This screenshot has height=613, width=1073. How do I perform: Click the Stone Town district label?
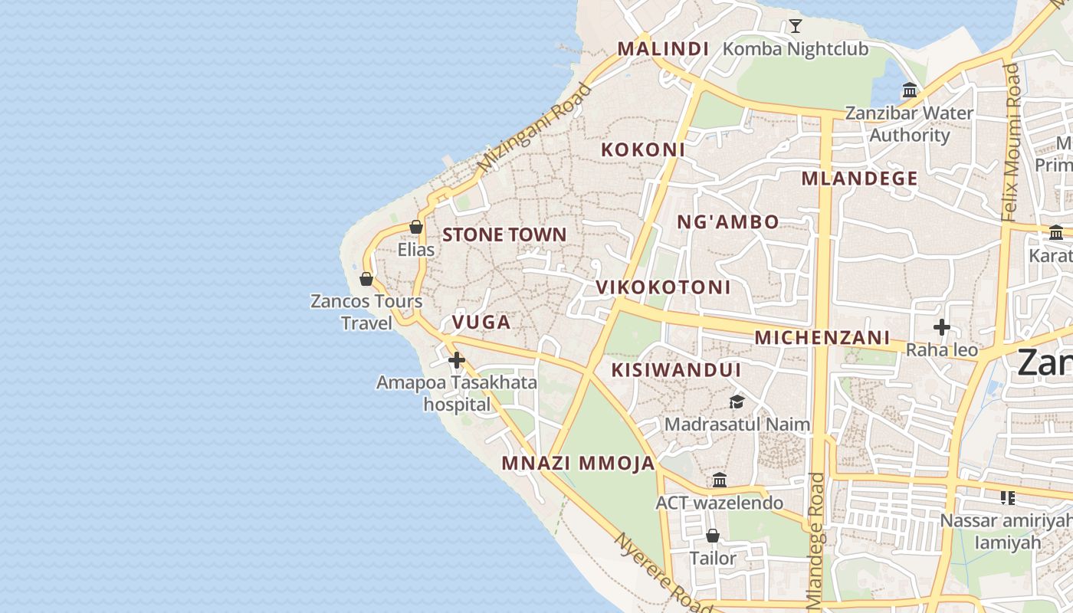coord(504,234)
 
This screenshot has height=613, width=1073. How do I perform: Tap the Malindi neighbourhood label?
coord(663,49)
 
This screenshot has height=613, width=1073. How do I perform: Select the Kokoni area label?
coord(642,149)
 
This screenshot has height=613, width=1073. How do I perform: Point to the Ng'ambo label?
coord(728,222)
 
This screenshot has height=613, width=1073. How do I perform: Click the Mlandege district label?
coord(859,179)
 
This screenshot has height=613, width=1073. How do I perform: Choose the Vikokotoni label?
coord(664,287)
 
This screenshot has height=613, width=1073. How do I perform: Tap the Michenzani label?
coord(822,337)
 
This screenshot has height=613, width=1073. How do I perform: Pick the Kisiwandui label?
coord(676,370)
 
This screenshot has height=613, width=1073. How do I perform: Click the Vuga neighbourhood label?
coord(481,322)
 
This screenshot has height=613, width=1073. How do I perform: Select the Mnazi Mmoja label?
coord(579,463)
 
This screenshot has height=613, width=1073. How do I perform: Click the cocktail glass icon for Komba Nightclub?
coord(796,26)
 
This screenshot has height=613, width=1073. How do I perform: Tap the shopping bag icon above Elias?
coord(416,227)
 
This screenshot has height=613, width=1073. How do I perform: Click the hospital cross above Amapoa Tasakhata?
coord(457,359)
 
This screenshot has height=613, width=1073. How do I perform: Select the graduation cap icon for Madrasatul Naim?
coord(737,402)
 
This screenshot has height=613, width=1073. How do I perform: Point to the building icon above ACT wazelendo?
coord(720,480)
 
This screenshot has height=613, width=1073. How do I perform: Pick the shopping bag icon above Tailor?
coord(713,536)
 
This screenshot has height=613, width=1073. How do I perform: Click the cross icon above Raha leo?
coord(942,328)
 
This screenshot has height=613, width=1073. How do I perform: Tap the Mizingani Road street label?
coord(535,127)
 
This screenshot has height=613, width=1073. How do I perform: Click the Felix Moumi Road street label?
coord(1012,142)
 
